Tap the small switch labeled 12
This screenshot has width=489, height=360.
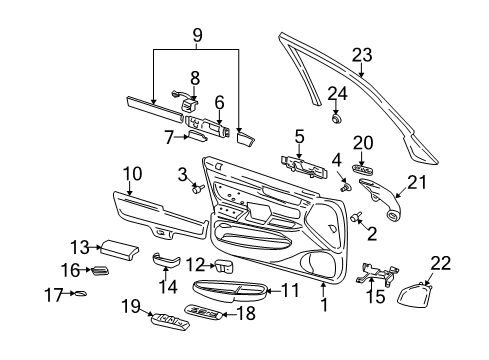(224, 267)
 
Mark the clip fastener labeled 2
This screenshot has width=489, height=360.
(359, 218)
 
